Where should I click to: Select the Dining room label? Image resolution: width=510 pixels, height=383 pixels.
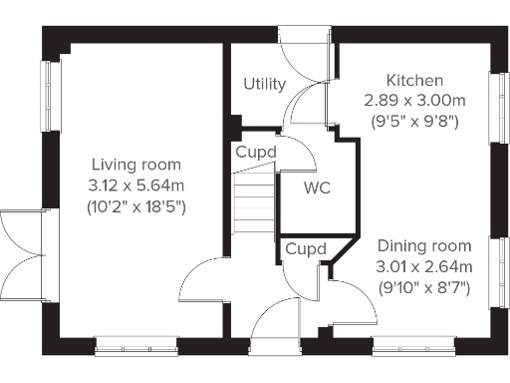[423, 245]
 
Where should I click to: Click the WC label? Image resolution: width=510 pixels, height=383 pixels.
[318, 187]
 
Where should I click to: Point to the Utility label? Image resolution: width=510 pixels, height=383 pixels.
[265, 85]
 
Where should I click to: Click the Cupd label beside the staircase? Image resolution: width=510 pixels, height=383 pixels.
[256, 153]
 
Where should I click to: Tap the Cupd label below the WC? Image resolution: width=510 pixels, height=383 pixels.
[305, 248]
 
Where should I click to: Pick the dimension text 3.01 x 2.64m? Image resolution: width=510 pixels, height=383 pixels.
[423, 267]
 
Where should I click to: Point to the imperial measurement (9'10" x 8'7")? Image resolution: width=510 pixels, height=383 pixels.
[423, 288]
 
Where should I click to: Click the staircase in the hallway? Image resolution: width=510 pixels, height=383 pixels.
[254, 204]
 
